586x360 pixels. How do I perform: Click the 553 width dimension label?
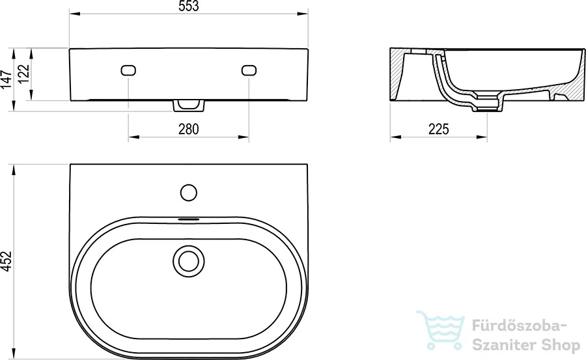point(189,7)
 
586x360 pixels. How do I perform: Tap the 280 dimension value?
point(189,130)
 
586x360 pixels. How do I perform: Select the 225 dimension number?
point(438,130)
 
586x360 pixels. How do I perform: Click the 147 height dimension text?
point(7,79)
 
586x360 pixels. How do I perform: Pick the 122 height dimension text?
point(24,74)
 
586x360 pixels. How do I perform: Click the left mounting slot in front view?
point(128,70)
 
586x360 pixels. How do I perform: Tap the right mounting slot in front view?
point(249,70)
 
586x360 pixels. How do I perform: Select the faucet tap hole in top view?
point(188,193)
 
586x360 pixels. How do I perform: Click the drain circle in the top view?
point(188,261)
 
